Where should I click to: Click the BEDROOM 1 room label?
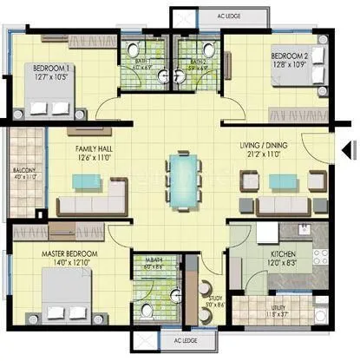[x=51, y=67]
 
